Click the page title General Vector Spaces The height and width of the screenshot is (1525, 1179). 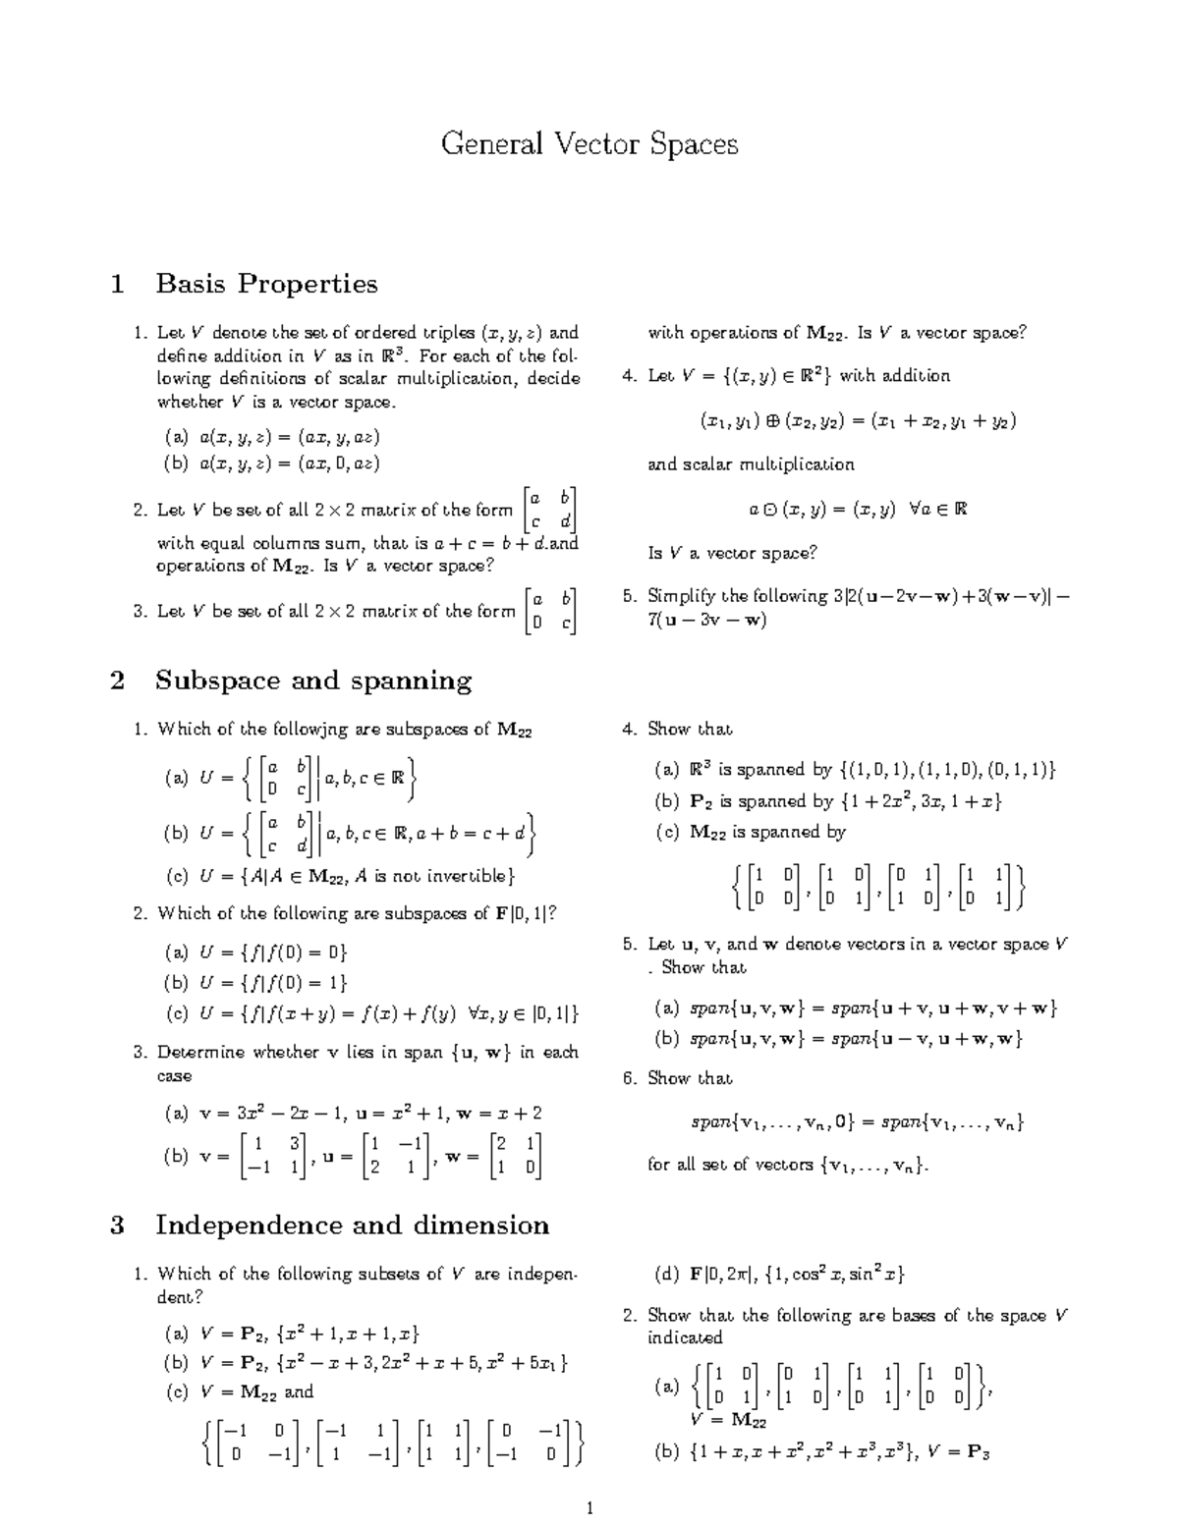(589, 144)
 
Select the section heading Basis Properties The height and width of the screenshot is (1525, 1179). (266, 284)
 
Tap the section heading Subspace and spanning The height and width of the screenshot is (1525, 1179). (313, 681)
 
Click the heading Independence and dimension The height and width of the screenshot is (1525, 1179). (352, 1225)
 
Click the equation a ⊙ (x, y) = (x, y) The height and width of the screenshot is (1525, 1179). (858, 509)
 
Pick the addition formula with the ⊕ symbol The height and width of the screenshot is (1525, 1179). (858, 421)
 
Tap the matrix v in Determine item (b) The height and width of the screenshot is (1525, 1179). (275, 1155)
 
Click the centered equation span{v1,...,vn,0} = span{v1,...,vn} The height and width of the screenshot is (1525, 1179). (855, 1121)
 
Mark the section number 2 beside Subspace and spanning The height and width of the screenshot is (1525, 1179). (118, 681)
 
